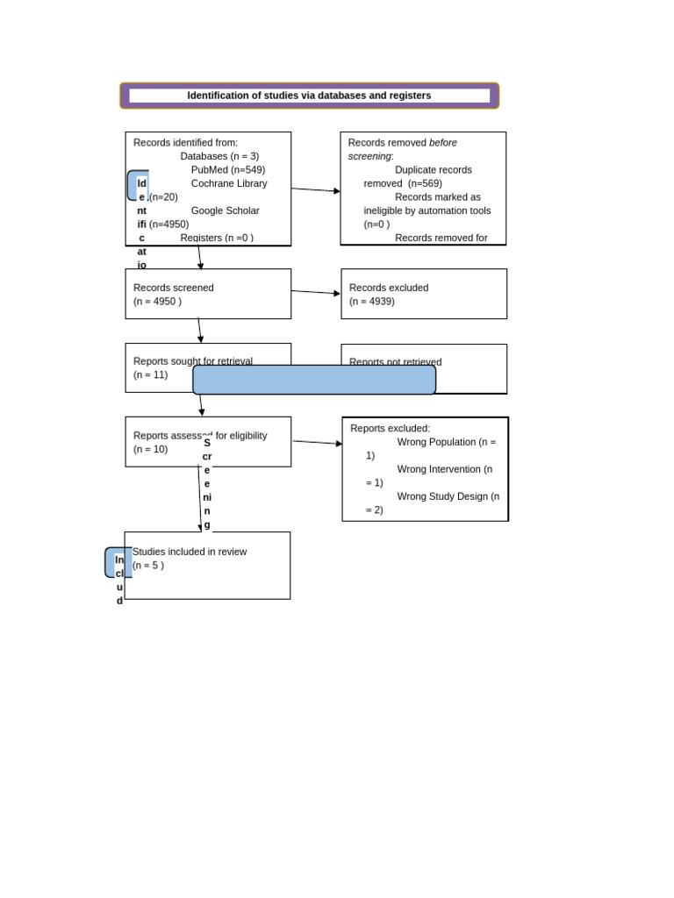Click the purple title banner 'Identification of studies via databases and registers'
coord(309,96)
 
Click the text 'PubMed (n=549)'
coord(227,170)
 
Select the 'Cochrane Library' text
coord(228,183)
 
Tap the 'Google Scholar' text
coord(225,210)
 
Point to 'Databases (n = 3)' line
coord(219,156)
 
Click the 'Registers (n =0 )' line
coord(217,238)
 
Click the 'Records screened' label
coord(173,288)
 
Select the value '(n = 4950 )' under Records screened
coord(157,302)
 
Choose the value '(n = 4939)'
coord(371,302)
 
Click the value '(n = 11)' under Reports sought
coord(150,374)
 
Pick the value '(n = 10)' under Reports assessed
coord(150,449)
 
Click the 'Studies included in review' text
coord(190,552)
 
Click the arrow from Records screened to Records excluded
coord(315,292)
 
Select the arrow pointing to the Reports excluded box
coord(317,443)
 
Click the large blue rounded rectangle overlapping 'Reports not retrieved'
coord(314,380)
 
